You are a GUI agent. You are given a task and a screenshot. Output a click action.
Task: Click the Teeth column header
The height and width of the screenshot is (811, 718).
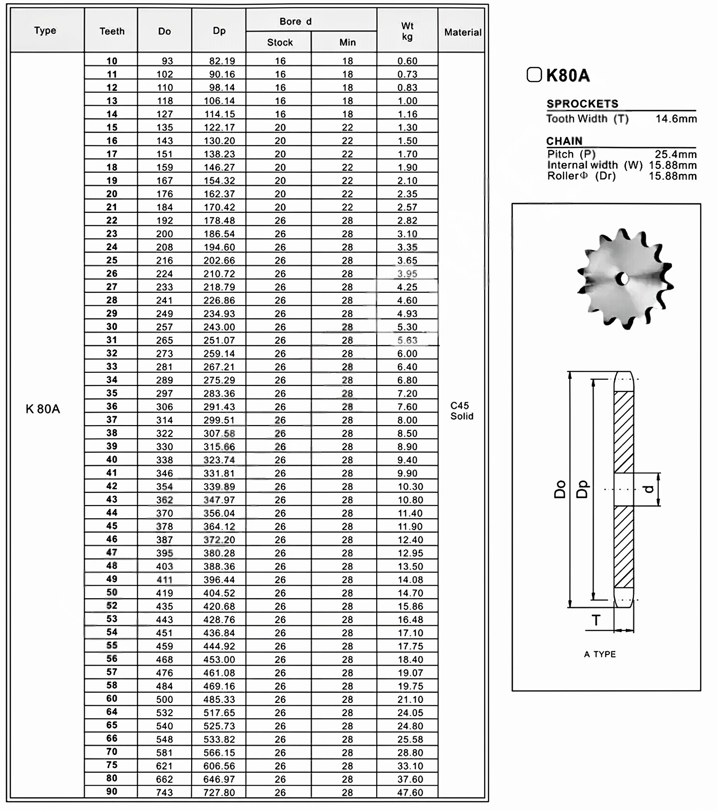[x=112, y=31]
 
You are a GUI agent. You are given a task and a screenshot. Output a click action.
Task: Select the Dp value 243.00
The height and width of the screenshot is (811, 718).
[x=219, y=327]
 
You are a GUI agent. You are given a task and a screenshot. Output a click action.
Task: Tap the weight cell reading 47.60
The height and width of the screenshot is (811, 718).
[x=410, y=792]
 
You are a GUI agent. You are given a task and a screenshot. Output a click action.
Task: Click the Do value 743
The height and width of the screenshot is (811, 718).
[x=165, y=792]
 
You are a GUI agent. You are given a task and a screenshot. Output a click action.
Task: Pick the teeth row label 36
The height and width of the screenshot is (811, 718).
[x=112, y=406]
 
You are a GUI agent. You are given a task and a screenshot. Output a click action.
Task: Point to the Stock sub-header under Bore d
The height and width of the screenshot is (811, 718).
[x=280, y=43]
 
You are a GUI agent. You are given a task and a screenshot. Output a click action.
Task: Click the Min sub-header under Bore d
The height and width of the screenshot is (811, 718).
[x=347, y=43]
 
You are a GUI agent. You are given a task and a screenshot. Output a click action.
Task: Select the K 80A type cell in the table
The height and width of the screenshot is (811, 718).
[x=43, y=409]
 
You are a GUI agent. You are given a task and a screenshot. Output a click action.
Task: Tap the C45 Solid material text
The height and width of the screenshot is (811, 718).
[x=461, y=411]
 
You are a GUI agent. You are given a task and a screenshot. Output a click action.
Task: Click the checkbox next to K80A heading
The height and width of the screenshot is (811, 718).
[x=534, y=75]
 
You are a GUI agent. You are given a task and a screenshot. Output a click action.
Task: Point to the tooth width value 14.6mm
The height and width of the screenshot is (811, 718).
[x=676, y=119]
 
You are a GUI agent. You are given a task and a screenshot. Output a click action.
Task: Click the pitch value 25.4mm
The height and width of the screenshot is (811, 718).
[x=675, y=154]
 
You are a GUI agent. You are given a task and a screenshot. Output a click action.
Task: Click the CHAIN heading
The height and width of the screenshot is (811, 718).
[x=564, y=141]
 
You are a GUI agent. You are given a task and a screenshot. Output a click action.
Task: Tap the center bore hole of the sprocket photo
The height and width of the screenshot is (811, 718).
[x=623, y=279]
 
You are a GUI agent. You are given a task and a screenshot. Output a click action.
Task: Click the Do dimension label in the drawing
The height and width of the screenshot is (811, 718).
[x=560, y=489]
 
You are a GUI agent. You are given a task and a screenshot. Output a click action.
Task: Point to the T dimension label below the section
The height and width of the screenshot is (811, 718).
[x=596, y=620]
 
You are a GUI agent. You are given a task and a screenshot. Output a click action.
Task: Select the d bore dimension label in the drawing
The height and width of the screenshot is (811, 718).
[x=648, y=489]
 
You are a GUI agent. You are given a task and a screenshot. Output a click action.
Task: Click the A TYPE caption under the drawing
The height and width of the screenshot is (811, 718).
[x=600, y=654]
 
